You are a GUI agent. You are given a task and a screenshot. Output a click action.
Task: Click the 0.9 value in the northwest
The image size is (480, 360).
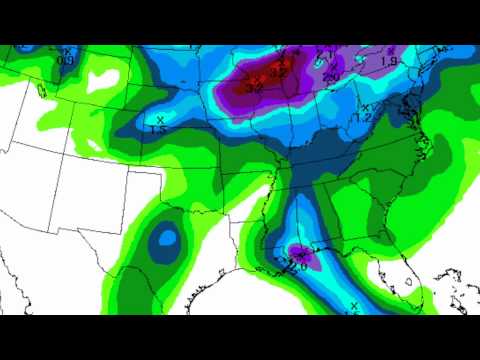(x=67, y=61)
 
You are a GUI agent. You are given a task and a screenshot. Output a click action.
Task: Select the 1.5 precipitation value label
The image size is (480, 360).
(x=157, y=129)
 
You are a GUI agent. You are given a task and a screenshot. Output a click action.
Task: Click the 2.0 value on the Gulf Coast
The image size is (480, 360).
(x=297, y=263)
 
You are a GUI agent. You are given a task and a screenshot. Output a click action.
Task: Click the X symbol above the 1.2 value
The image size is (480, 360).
(x=366, y=107)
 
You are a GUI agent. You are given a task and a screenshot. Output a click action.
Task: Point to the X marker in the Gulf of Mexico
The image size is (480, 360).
(x=354, y=304)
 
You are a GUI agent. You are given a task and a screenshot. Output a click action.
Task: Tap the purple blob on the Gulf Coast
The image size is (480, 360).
(x=302, y=258)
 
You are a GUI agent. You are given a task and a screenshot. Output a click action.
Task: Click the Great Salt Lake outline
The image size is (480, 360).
(x=41, y=91)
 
